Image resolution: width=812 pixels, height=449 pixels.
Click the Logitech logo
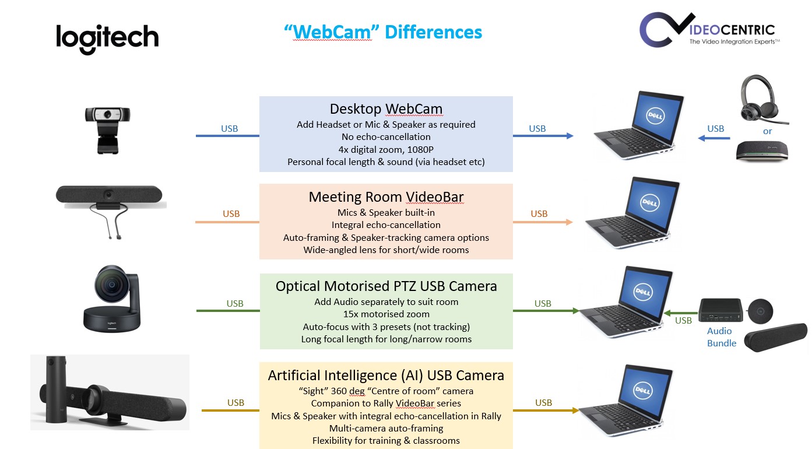(x=107, y=38)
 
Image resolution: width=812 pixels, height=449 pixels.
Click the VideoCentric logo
(x=709, y=30)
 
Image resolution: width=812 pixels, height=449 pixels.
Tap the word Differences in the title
(x=433, y=32)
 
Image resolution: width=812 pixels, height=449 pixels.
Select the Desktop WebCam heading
(x=386, y=109)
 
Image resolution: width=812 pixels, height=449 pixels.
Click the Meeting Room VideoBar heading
(x=386, y=197)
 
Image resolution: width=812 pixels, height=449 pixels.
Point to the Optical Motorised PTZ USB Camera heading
(x=386, y=286)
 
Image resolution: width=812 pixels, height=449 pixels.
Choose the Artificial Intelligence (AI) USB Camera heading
(x=386, y=376)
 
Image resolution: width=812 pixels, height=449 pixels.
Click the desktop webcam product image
(x=107, y=131)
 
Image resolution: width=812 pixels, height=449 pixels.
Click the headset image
(x=762, y=100)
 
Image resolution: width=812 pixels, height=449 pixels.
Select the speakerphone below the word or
(x=762, y=151)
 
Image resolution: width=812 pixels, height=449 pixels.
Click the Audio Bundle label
(x=722, y=337)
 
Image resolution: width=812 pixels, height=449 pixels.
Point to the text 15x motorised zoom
(x=386, y=314)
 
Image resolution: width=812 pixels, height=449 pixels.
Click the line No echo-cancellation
(x=386, y=136)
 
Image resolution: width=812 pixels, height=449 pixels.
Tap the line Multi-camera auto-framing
(x=386, y=429)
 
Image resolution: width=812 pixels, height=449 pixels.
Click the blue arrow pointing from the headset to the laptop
(x=714, y=138)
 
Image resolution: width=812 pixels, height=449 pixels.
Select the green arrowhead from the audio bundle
(x=667, y=313)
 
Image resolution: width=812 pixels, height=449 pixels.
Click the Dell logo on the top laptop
(x=655, y=116)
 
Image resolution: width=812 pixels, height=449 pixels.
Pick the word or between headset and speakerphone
(x=768, y=131)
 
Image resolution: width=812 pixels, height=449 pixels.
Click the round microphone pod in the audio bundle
(x=761, y=311)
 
